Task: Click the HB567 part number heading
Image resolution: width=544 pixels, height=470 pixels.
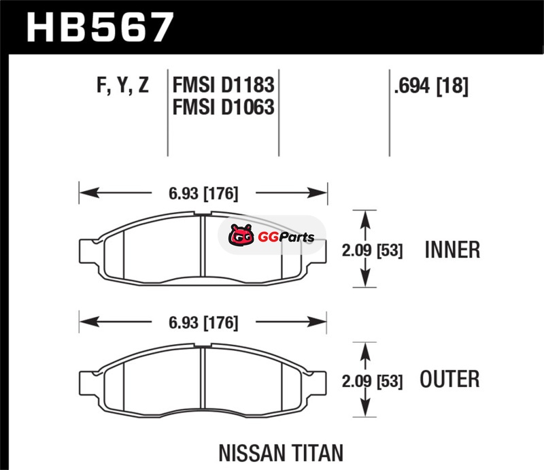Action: point(100,27)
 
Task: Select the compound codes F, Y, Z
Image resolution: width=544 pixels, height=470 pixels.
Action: point(123,85)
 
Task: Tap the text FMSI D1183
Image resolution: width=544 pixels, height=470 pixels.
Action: point(224,85)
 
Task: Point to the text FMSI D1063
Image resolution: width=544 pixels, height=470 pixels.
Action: point(224,107)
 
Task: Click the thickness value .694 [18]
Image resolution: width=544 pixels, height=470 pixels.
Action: point(431,86)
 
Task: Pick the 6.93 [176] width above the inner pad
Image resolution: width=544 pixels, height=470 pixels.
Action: point(203,193)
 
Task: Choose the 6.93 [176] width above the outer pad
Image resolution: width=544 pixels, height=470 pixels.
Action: point(203,323)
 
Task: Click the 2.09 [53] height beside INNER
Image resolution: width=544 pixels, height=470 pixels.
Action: point(372,250)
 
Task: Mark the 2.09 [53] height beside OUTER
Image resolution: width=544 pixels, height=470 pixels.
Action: point(372,381)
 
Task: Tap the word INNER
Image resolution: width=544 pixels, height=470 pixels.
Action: point(452,250)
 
